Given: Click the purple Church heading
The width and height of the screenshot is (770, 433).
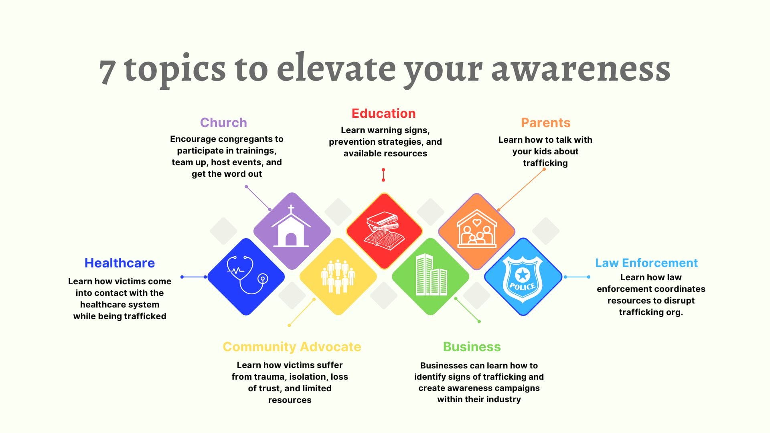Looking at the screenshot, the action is point(223,123).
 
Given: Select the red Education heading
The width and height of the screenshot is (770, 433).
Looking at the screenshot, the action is point(383,113).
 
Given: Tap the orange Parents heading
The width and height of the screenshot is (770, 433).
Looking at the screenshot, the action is point(545,123).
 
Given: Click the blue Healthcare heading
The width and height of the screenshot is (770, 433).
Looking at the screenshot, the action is point(120,263).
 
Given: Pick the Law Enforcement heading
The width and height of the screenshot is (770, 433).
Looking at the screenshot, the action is point(646,263).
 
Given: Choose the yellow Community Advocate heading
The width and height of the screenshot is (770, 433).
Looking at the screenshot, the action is point(292,347).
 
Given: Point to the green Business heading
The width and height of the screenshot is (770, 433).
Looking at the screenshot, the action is point(472,347).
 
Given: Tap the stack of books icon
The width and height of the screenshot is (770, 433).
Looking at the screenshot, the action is point(384,231).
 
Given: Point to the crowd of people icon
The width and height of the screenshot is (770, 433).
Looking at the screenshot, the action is point(338,277).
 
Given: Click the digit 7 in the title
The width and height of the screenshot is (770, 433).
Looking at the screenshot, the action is point(107,71).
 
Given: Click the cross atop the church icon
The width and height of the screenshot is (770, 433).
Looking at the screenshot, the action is point(291,209).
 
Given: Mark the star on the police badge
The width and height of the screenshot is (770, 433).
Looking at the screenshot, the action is point(523,275).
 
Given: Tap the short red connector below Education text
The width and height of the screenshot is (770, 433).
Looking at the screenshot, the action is point(383,175).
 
